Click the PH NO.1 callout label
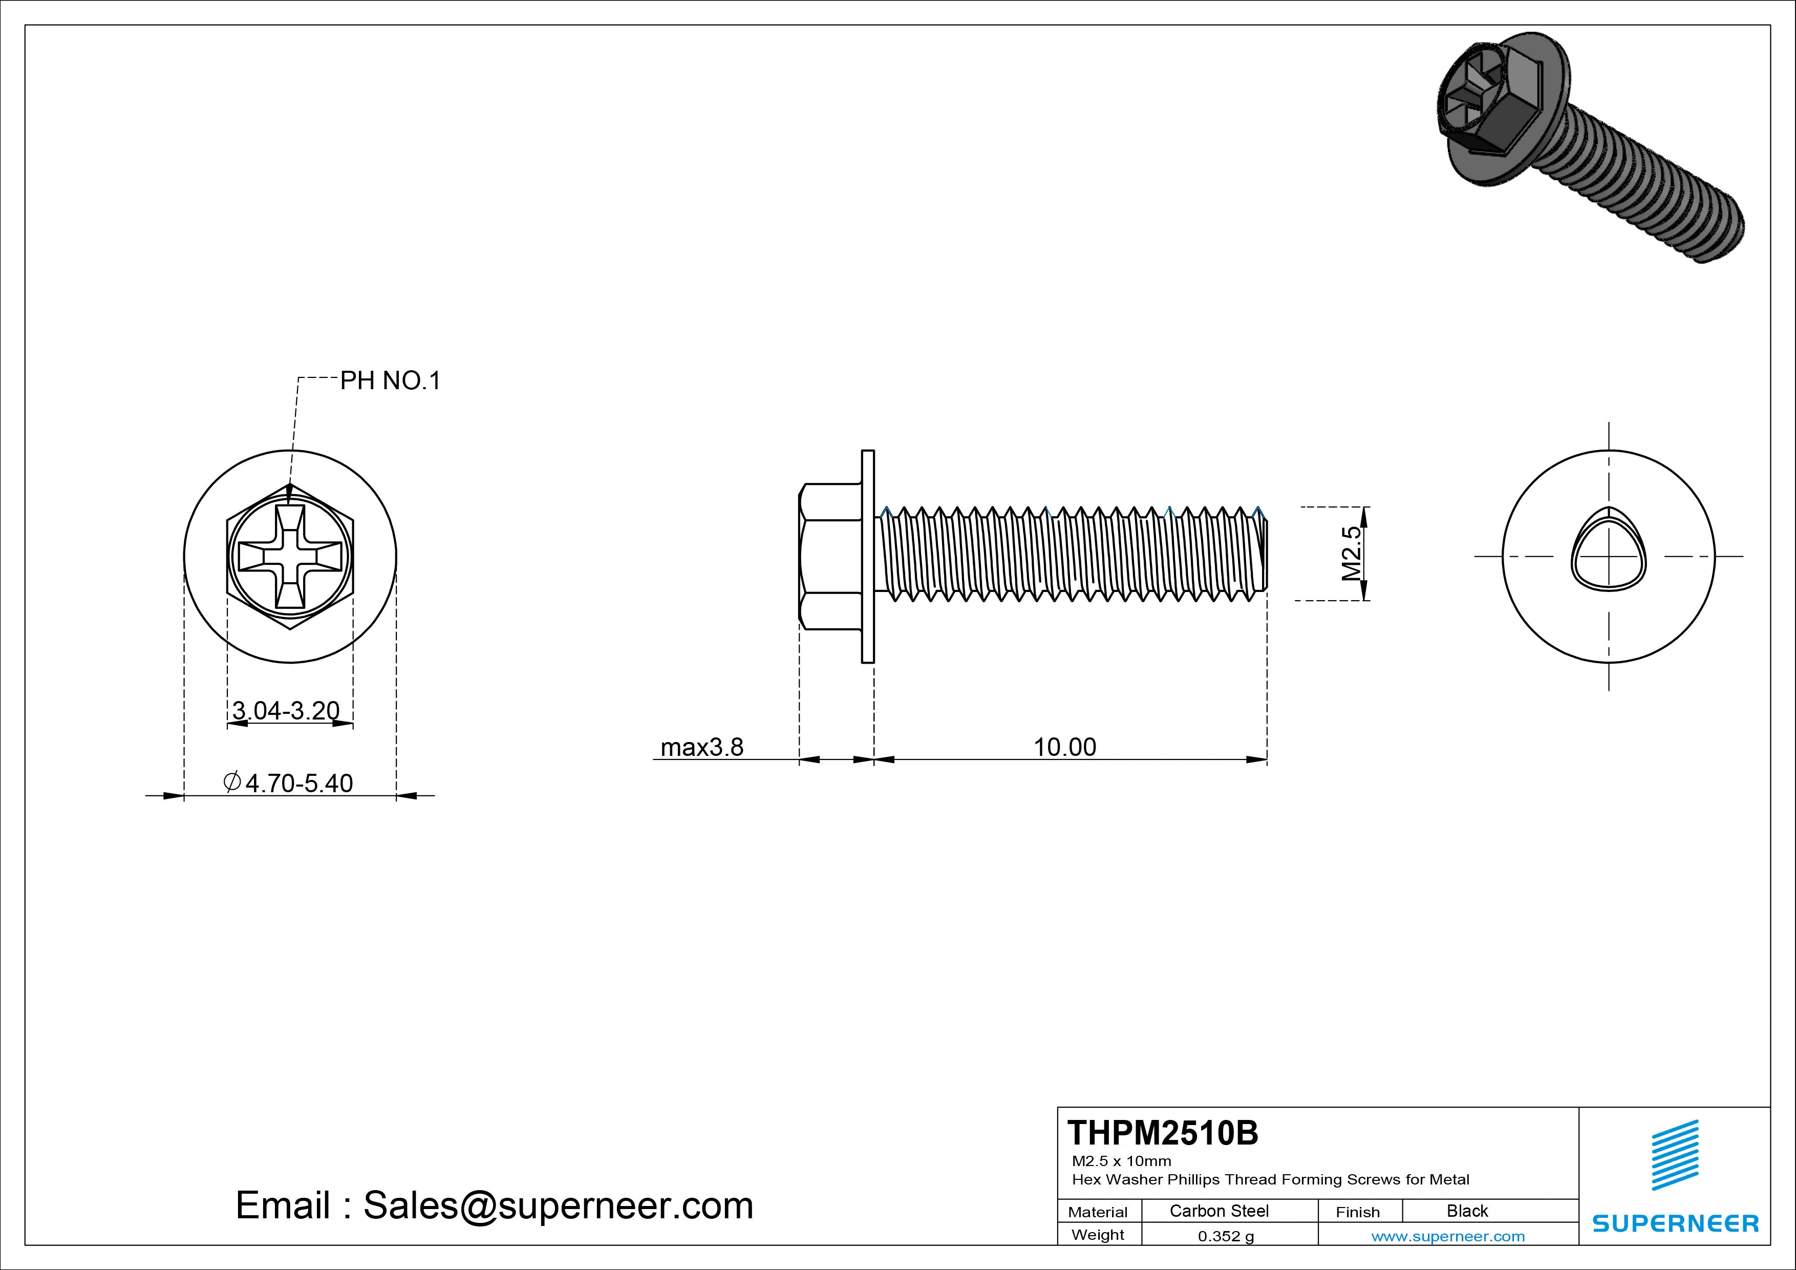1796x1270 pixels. (x=390, y=381)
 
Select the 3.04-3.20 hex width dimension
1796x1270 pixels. (x=286, y=710)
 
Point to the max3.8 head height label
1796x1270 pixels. (x=702, y=747)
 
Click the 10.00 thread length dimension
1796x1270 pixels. (x=1064, y=747)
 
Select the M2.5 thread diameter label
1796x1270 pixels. (x=1352, y=553)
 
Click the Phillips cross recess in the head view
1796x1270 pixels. (x=290, y=556)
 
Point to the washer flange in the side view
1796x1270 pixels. (x=867, y=556)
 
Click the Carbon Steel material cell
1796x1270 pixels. (x=1218, y=1211)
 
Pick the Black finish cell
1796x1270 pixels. (x=1467, y=1211)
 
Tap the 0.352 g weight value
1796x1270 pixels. (x=1226, y=1236)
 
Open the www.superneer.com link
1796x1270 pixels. (x=1448, y=1236)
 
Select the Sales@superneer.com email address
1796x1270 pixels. (x=558, y=1206)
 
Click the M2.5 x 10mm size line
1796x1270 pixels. (x=1122, y=1161)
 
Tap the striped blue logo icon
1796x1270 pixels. (x=1675, y=1155)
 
